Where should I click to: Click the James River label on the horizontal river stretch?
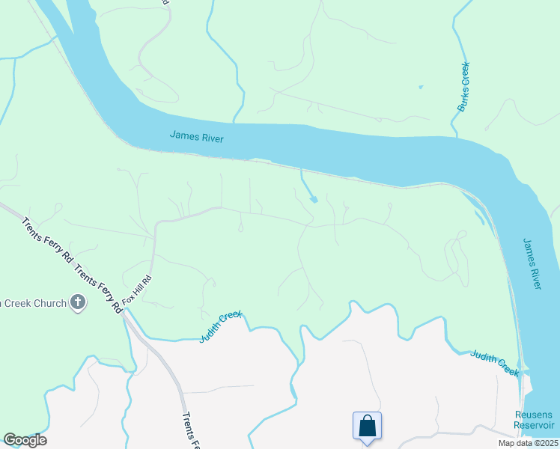tap(197, 137)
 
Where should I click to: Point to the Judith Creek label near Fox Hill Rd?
tap(221, 327)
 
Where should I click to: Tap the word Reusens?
tap(533, 415)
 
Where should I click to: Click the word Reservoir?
tap(533, 425)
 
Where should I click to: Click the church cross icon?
tap(77, 302)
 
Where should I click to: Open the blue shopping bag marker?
tap(367, 427)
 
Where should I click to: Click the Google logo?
tap(25, 440)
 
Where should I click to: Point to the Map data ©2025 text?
tap(528, 443)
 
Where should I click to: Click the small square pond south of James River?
tap(313, 199)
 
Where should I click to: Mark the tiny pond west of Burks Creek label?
tap(420, 88)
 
